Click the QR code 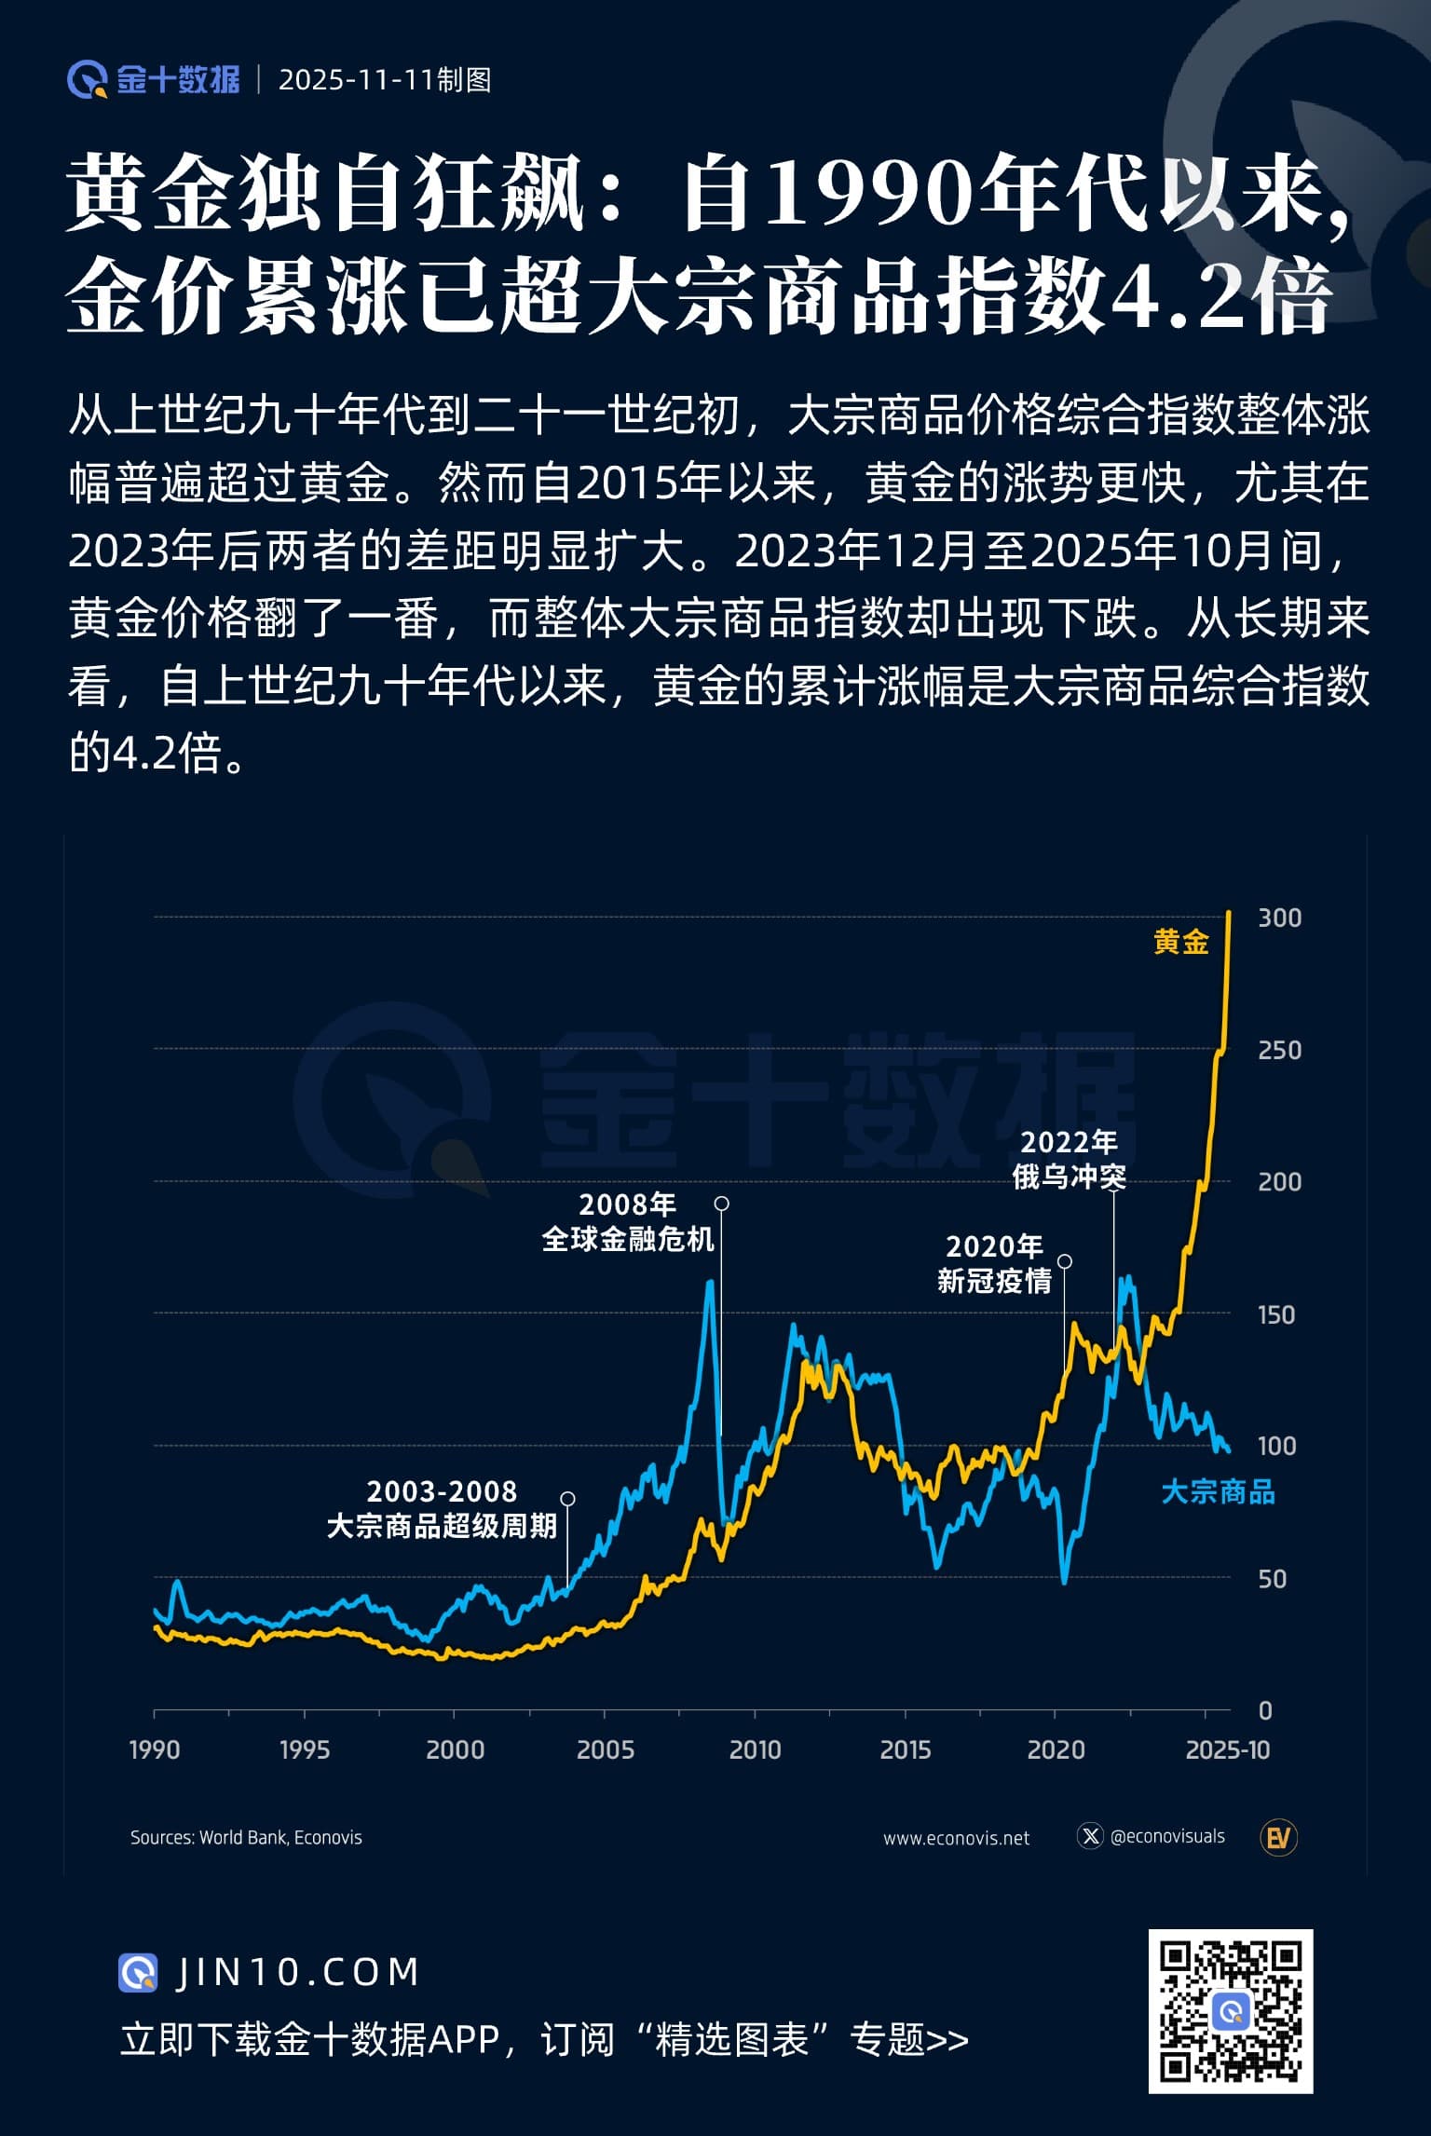1230,2011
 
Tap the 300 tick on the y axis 1279,918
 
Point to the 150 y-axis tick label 1276,1314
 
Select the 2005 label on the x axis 605,1749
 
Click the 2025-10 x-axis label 1228,1749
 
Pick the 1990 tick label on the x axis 155,1749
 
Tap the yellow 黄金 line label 1180,942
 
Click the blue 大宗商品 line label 1218,1492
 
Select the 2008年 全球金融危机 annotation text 628,1222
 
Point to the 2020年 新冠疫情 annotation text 994,1263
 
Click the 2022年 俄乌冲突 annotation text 1070,1160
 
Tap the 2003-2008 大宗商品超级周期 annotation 442,1509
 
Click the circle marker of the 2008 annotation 721,1204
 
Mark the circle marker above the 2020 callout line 1065,1261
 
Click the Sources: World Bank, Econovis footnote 246,1838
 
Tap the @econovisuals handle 1167,1836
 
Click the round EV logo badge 1278,1838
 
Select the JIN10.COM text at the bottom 297,1972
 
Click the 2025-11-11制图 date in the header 385,80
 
